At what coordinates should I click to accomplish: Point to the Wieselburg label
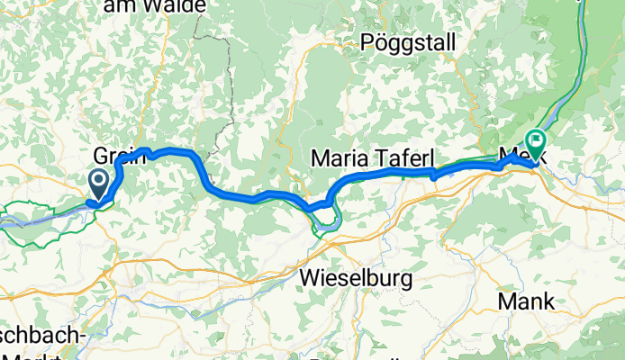(x=357, y=277)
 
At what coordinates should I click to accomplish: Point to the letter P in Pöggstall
(x=367, y=42)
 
